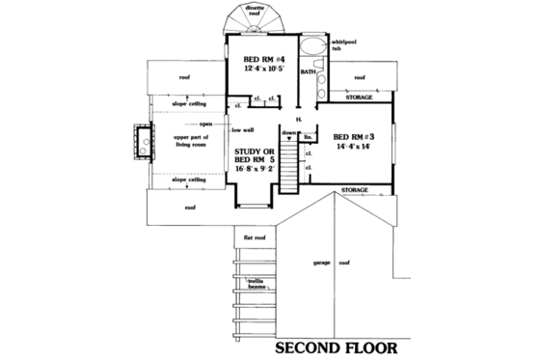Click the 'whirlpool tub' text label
point(344,46)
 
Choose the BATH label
point(309,72)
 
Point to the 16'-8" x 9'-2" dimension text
point(255,170)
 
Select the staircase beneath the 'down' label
point(288,159)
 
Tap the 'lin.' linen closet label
point(308,137)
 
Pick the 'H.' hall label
point(300,117)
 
